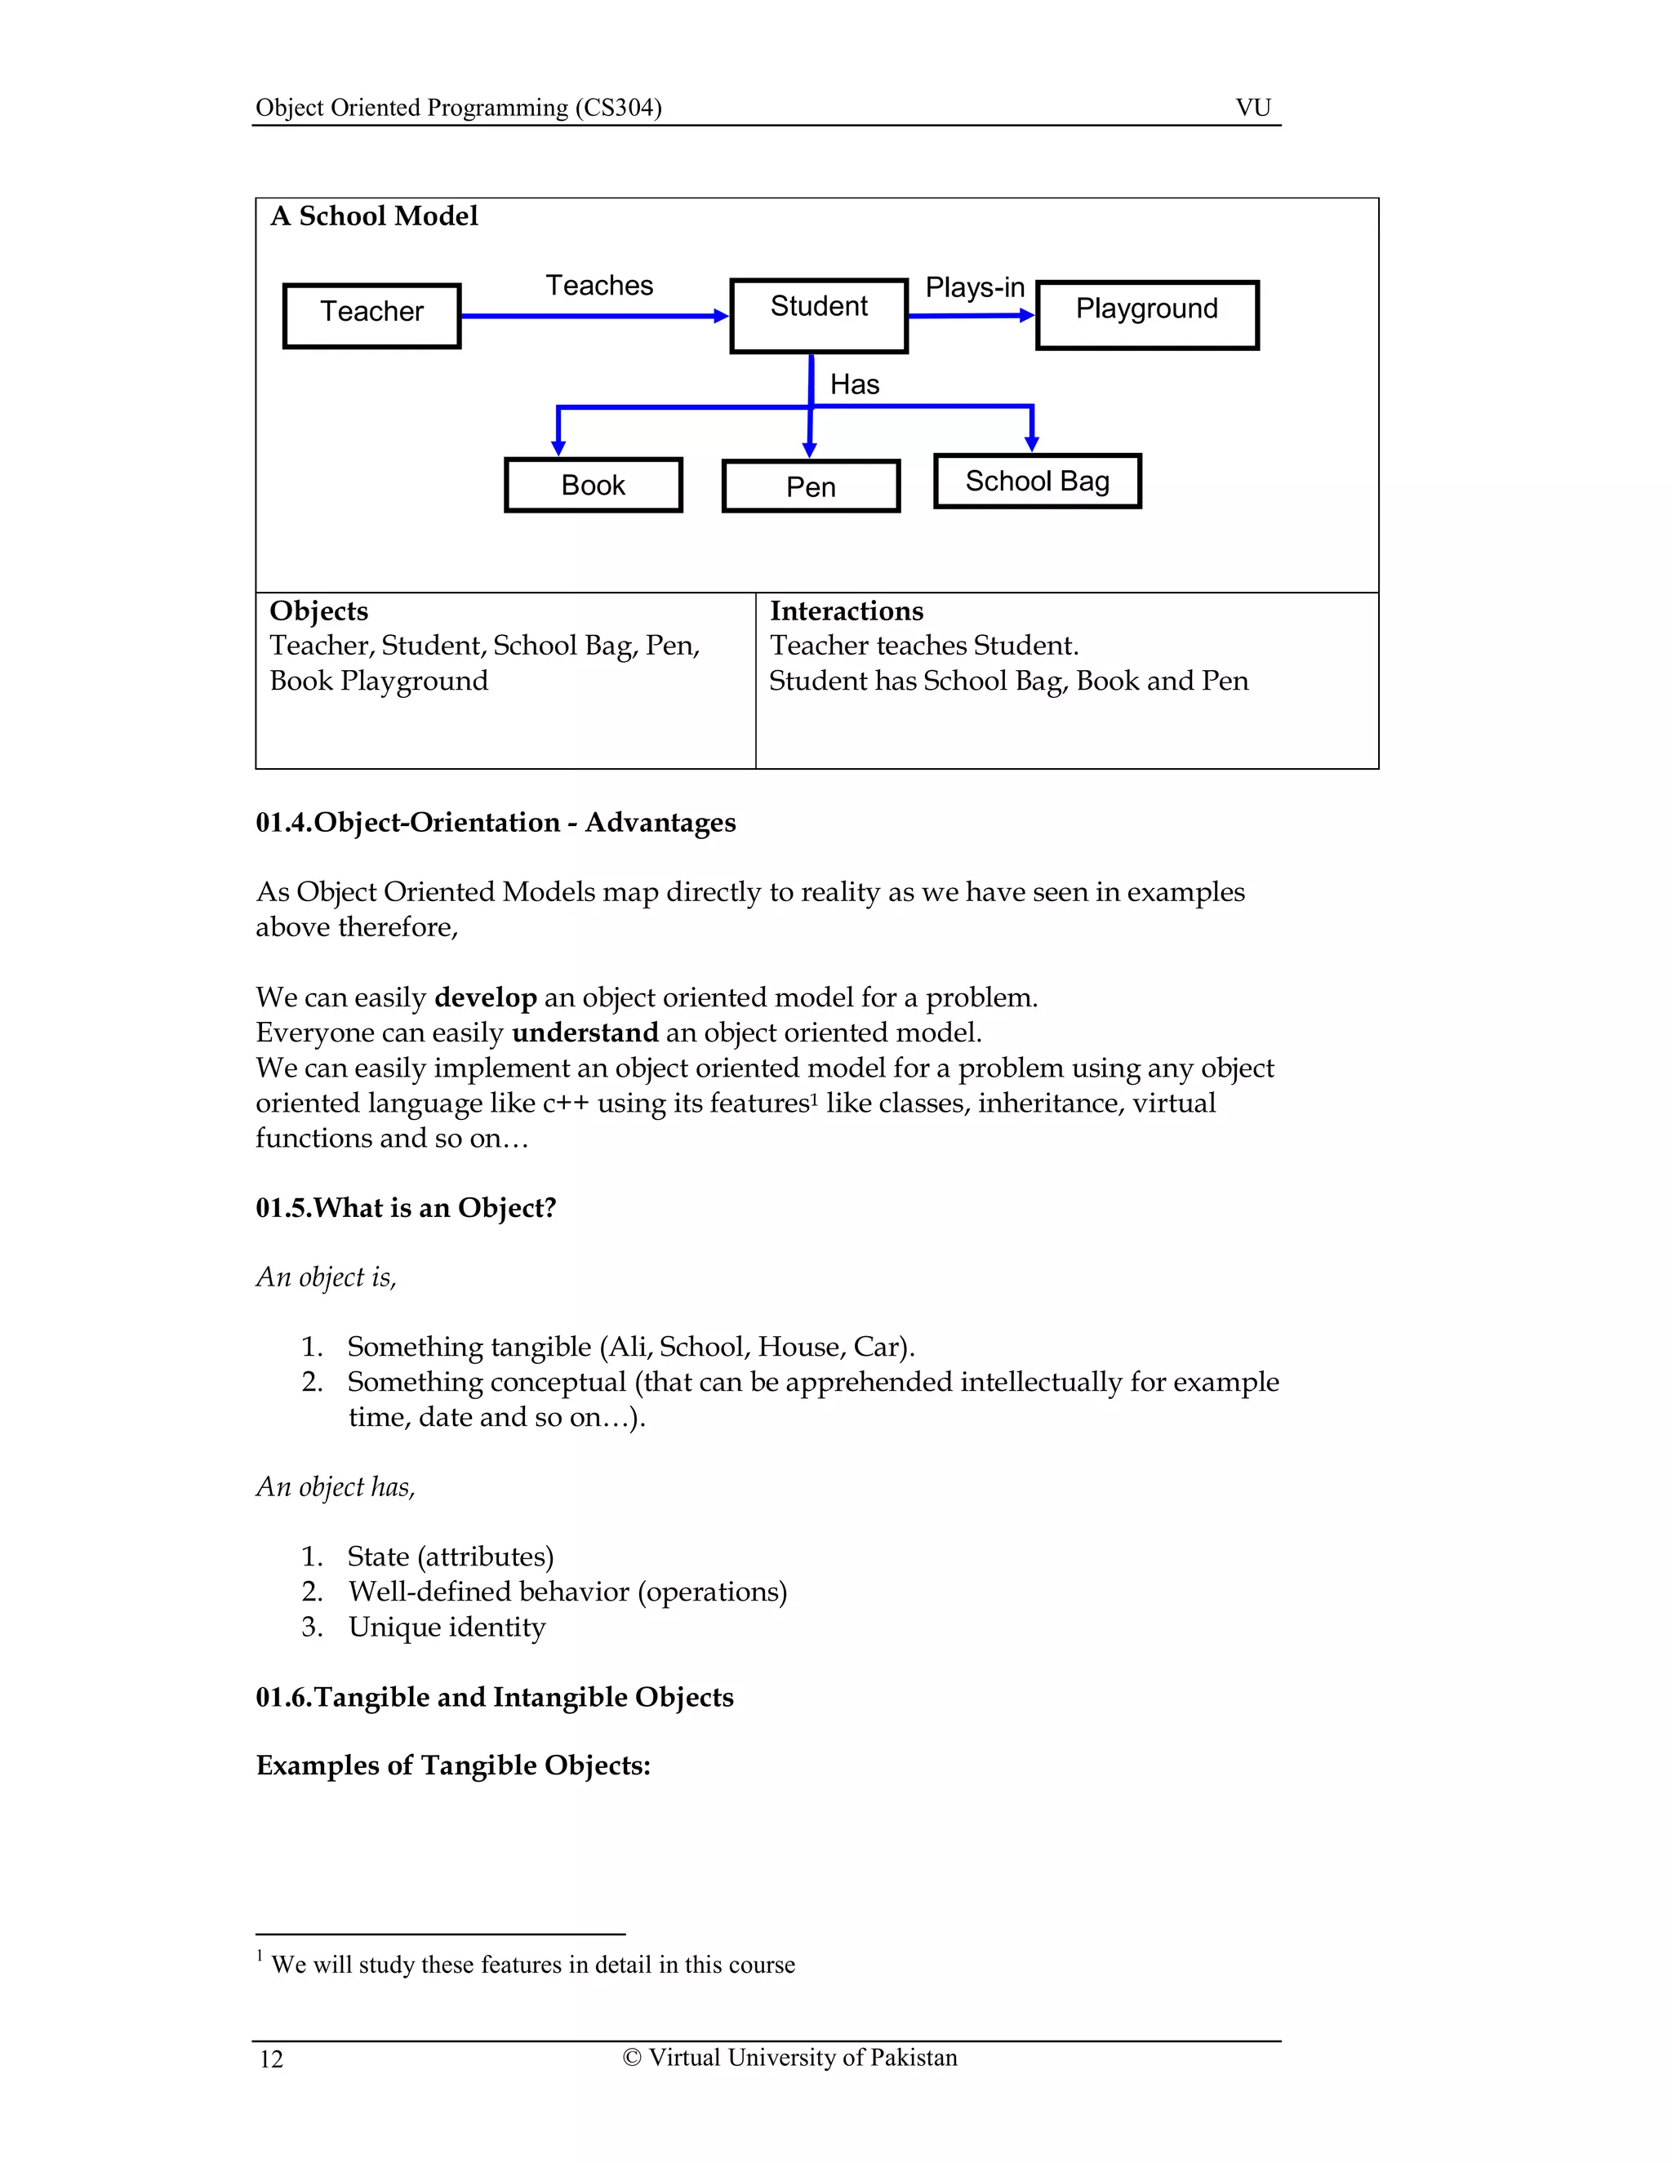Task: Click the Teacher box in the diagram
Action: pos(371,315)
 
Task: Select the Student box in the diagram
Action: pos(818,315)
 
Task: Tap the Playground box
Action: pos(1147,314)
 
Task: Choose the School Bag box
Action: pos(1037,482)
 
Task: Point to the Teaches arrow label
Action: pos(599,285)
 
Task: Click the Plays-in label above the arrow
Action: pos(974,287)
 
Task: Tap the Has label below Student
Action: pos(854,384)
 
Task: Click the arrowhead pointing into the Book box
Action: pos(558,447)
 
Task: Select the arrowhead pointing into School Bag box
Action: pos(1031,444)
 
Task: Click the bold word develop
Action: pos(486,997)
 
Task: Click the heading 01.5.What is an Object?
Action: pos(405,1208)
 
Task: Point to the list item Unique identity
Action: pos(447,1628)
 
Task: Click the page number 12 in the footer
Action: pos(271,2059)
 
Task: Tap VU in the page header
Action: pos(1253,107)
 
